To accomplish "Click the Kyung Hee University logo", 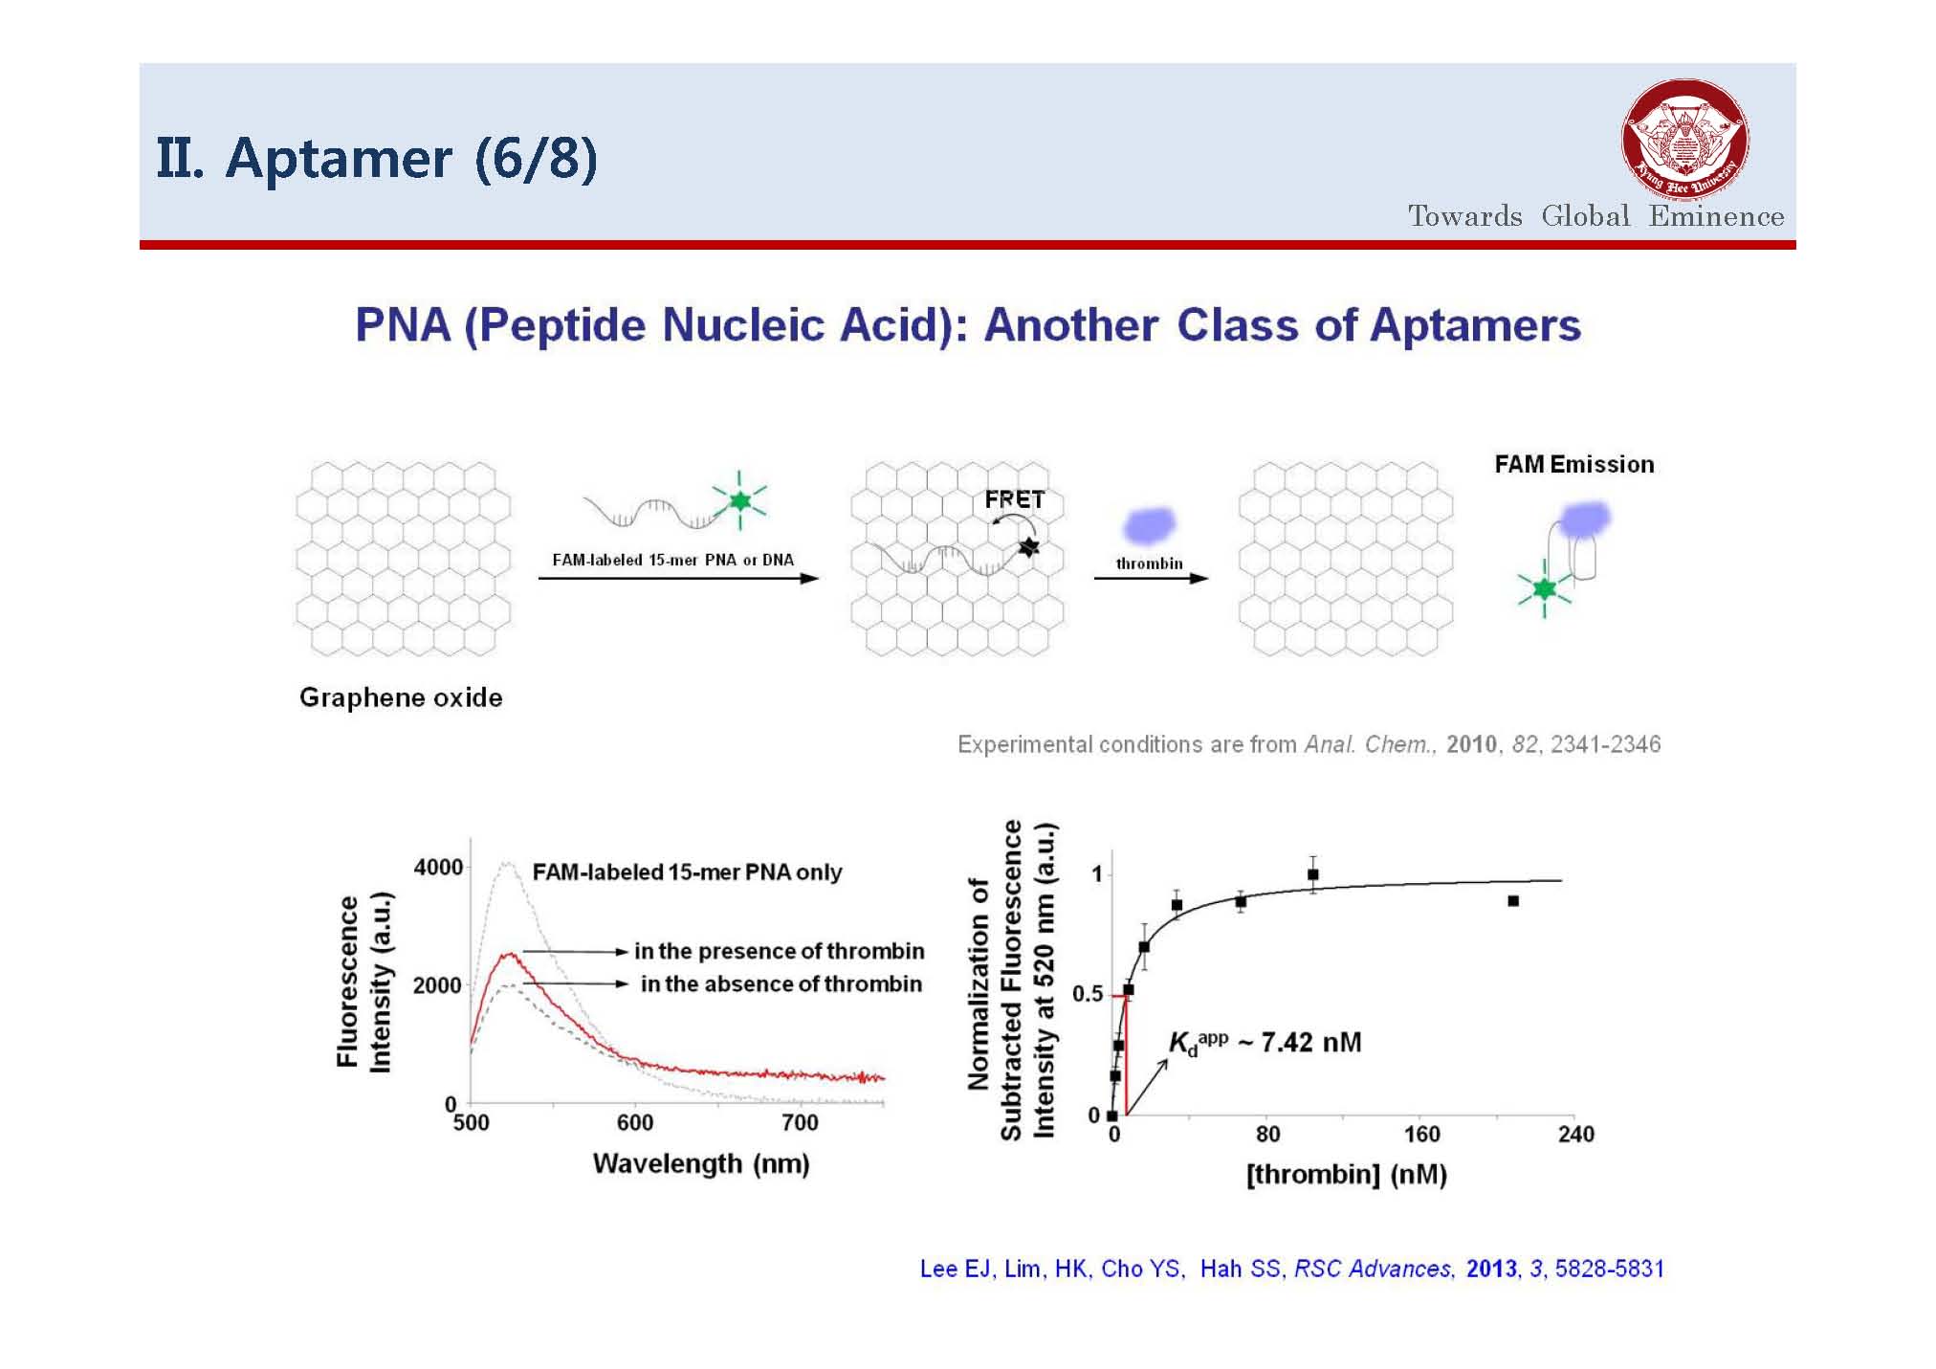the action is click(1685, 141).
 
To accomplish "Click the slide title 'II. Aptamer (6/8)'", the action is click(377, 158).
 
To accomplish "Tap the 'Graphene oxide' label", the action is click(401, 697).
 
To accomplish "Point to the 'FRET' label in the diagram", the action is click(1014, 499).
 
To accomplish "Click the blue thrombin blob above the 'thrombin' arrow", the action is click(1149, 525).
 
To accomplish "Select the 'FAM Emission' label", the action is click(1574, 464).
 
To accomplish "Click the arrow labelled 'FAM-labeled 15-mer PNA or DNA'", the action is click(678, 578).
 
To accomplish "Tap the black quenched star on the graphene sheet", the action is click(1028, 547).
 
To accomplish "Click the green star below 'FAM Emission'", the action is click(1544, 587).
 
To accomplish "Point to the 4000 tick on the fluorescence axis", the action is click(438, 867).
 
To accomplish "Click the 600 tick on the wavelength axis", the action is click(635, 1122).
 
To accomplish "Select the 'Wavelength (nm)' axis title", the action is click(701, 1164).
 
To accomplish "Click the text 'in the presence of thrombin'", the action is click(780, 951).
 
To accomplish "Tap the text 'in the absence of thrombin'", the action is click(781, 983).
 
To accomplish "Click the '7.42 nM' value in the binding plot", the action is click(1310, 1042).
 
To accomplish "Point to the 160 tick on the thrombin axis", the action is click(1421, 1135).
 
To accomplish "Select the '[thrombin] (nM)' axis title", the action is click(1346, 1174).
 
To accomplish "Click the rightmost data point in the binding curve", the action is click(1513, 901).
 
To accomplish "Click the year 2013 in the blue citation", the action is click(1491, 1269).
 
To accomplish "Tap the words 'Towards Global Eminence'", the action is click(1595, 215).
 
